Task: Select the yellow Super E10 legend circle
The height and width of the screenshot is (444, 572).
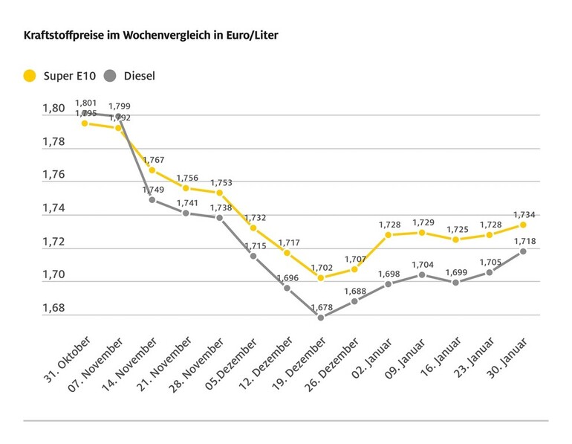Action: pos(30,75)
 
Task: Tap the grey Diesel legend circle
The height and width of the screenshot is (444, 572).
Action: pos(111,75)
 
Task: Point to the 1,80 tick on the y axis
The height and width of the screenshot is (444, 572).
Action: pos(53,109)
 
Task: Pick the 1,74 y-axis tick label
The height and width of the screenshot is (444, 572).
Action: pos(53,209)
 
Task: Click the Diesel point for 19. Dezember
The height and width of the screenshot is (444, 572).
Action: pos(320,318)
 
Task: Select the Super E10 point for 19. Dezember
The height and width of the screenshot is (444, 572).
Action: pos(320,278)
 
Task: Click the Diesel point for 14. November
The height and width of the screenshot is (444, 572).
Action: pos(152,199)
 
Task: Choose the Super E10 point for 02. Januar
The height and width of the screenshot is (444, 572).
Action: pos(388,235)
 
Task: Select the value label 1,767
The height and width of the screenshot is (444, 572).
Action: pos(152,158)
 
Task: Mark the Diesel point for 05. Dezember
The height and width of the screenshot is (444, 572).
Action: pos(253,256)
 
